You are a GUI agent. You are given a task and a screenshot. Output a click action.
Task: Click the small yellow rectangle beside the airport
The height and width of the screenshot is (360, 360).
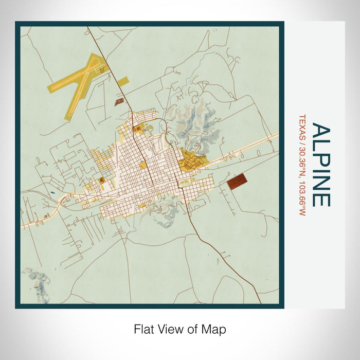[x=123, y=81]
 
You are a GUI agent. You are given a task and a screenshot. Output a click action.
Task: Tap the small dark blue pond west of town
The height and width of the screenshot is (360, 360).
[x=53, y=193]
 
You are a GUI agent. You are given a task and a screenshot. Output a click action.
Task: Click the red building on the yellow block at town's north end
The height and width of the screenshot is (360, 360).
[x=137, y=130]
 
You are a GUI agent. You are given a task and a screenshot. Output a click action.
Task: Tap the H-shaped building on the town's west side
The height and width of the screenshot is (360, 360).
[x=102, y=179]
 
